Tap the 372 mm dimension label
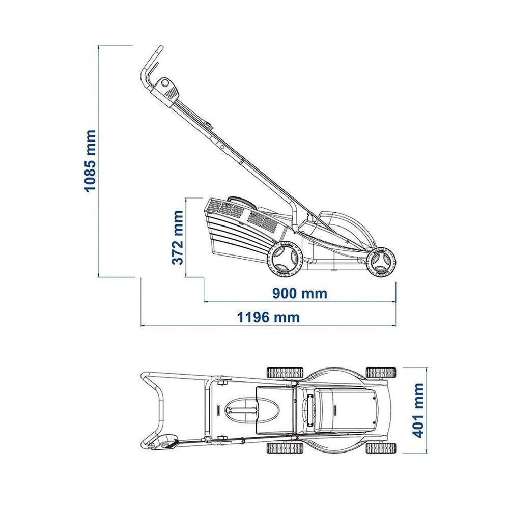tap(177, 238)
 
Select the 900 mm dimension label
tap(299, 294)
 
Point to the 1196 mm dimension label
tap(268, 317)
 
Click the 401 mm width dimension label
tap(417, 410)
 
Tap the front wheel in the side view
tap(381, 262)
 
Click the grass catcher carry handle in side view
tap(241, 202)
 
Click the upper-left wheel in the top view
tap(285, 373)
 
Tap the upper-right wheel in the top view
tap(381, 373)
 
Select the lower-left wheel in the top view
tap(285, 448)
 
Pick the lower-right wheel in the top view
tap(381, 448)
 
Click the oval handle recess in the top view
tap(251, 410)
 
